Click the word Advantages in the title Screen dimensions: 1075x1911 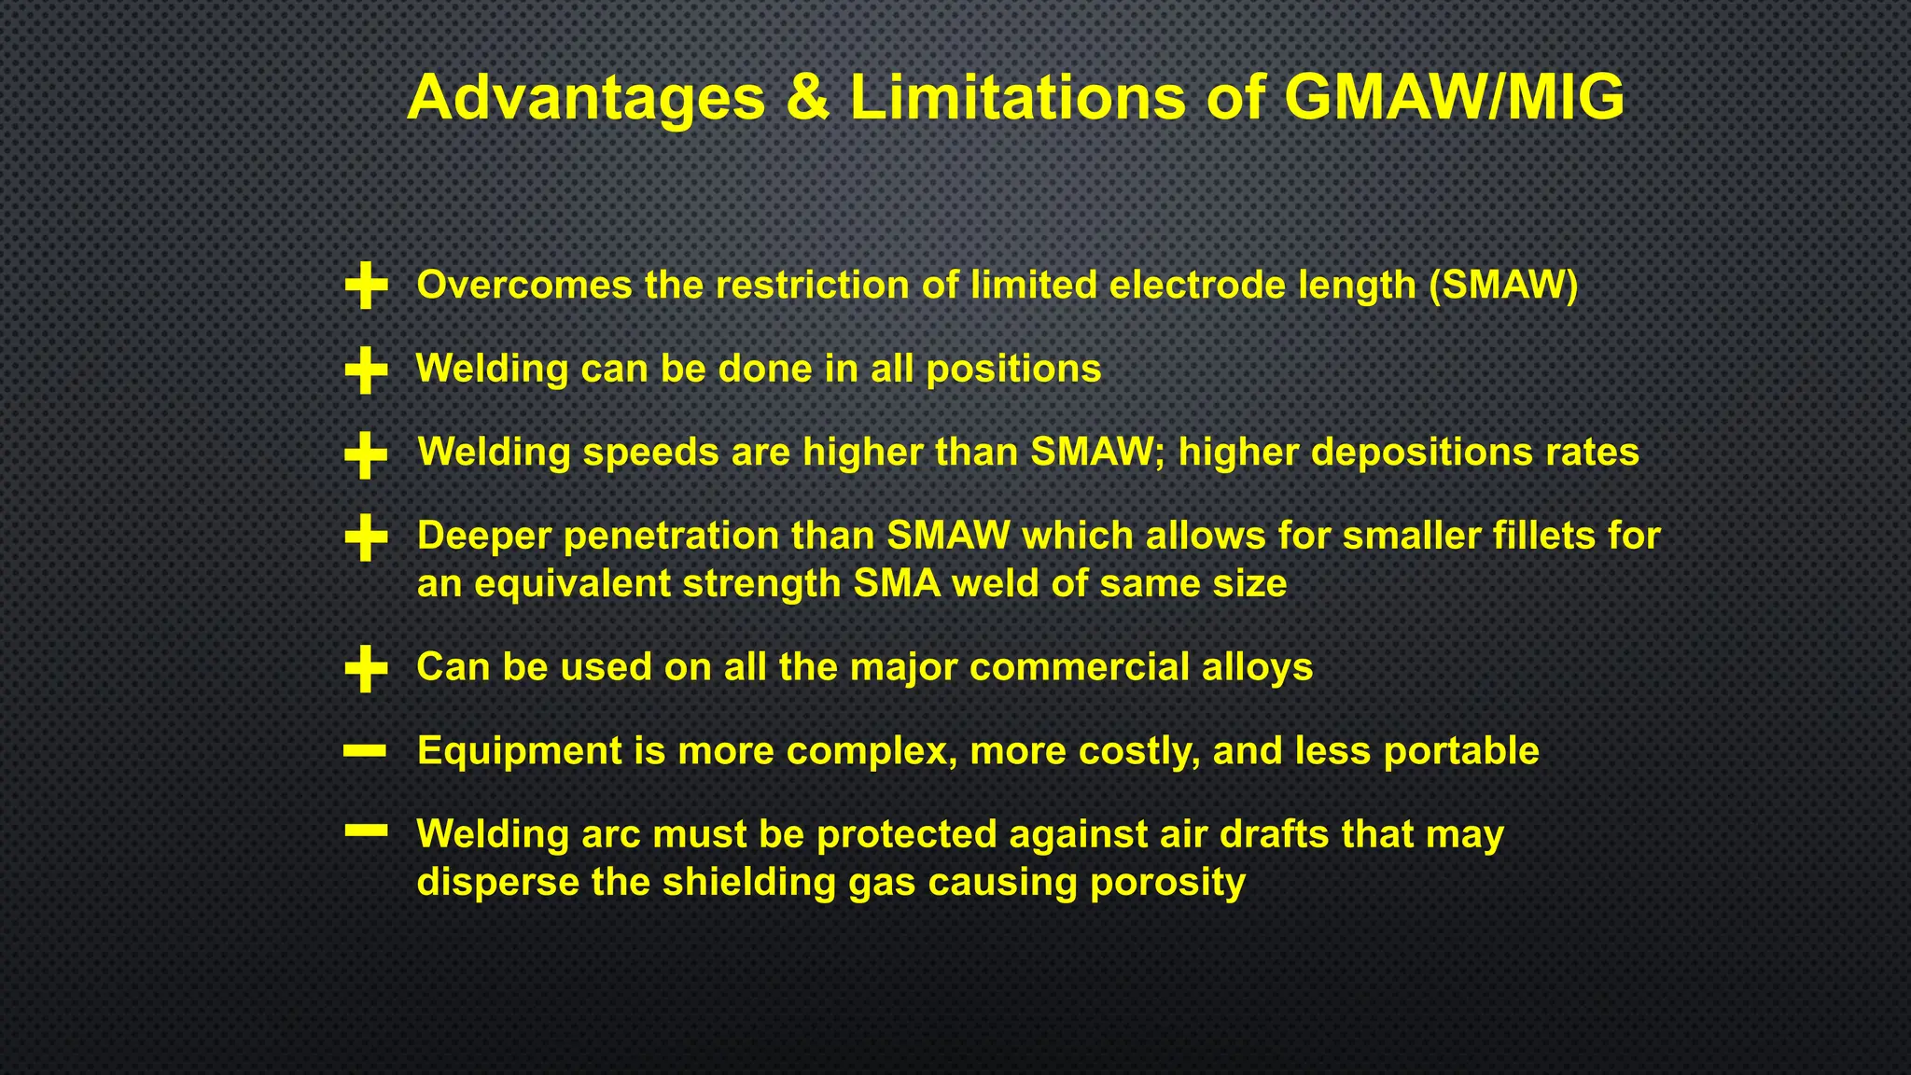coord(586,98)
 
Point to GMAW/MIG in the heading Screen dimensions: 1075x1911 coord(1454,97)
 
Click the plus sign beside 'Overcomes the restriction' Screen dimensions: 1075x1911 coord(366,285)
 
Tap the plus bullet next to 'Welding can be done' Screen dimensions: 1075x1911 coord(366,370)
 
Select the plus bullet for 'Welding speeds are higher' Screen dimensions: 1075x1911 coord(366,454)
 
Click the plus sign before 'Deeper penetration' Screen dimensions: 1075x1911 coord(366,537)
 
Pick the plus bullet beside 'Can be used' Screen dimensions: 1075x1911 coord(366,668)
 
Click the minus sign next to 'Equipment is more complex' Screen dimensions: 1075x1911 coord(365,750)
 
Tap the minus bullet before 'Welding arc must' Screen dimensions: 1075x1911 coord(365,831)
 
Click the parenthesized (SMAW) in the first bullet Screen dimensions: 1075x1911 coord(1503,285)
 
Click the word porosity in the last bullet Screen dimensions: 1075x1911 coord(1167,883)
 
